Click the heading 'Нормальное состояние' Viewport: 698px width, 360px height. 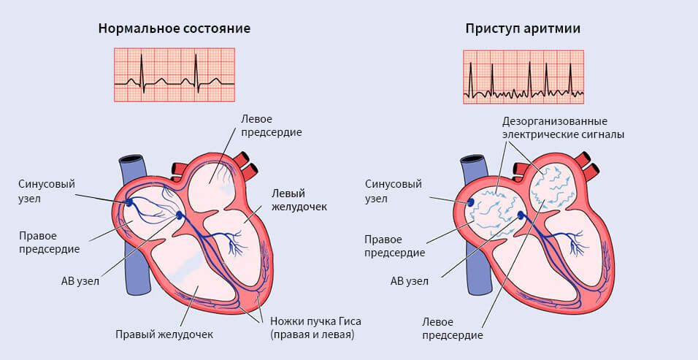(174, 29)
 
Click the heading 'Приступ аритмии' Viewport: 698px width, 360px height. (523, 29)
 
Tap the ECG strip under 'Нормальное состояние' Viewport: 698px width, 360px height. (174, 74)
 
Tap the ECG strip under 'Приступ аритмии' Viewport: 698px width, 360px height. (523, 76)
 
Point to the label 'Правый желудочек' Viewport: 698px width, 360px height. (164, 334)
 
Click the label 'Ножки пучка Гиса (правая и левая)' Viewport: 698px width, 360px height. (315, 328)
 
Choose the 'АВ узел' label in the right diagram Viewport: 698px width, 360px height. (410, 280)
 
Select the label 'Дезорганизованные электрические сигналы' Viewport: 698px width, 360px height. (562, 127)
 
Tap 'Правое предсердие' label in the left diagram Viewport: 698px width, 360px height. (50, 242)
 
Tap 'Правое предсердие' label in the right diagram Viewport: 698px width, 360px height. (394, 245)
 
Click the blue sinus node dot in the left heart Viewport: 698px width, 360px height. (129, 202)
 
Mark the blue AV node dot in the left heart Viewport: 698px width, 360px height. (180, 215)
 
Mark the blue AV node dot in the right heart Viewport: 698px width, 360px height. (521, 215)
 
